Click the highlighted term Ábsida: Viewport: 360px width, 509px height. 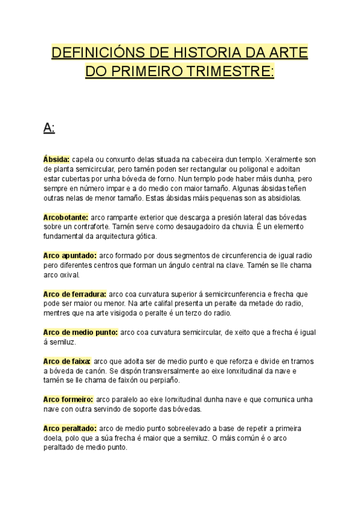pos(56,160)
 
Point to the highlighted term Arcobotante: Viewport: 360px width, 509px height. pos(66,217)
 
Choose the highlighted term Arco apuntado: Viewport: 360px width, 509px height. pos(70,256)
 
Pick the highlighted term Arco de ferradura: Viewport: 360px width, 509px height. pos(74,294)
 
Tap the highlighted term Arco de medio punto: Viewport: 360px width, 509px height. pos(80,333)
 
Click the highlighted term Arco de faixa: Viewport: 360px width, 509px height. pos(67,361)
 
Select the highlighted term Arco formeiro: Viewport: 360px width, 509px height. pos(68,400)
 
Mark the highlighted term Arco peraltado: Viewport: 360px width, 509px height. pos(70,429)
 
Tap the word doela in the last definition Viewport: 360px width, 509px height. pos(54,438)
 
